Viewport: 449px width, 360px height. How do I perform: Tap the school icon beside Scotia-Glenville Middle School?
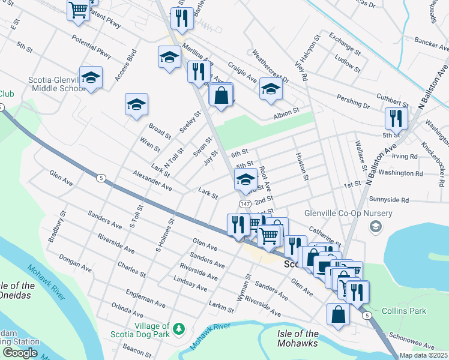point(91,78)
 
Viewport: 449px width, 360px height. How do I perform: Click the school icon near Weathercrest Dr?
point(271,90)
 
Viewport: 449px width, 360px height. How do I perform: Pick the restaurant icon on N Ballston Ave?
point(396,118)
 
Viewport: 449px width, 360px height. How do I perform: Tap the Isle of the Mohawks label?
point(298,338)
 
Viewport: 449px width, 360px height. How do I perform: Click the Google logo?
point(20,353)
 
